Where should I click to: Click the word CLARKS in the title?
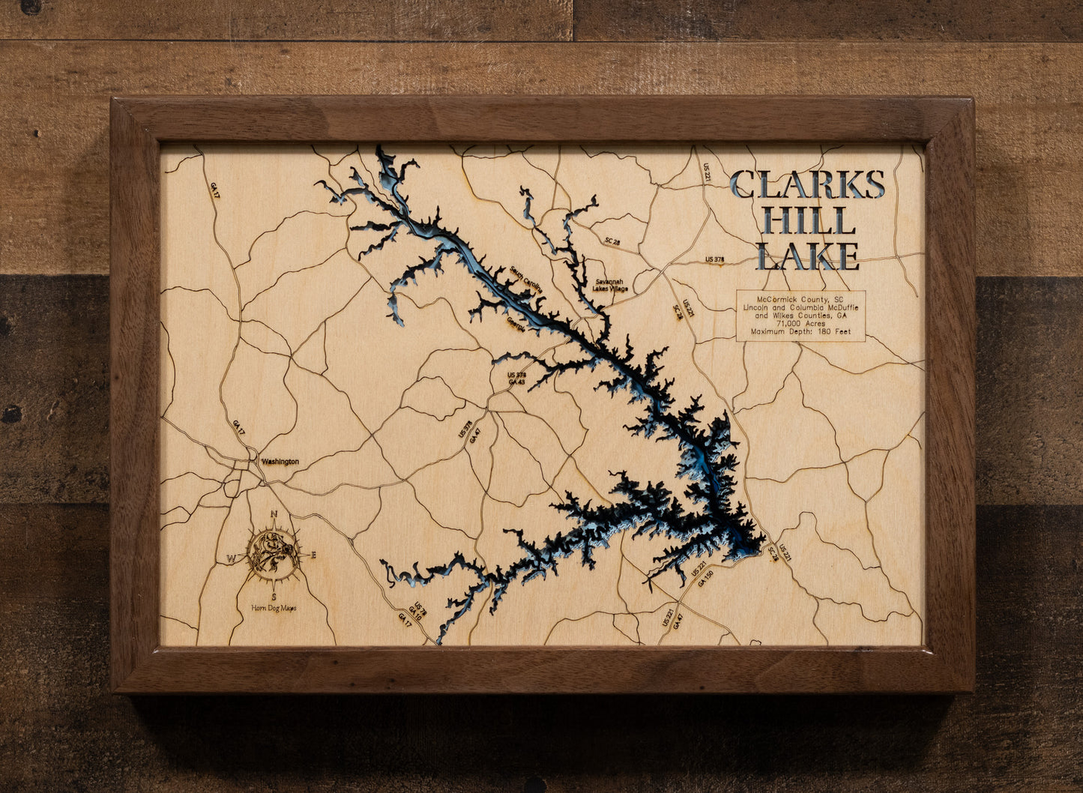pyautogui.click(x=807, y=184)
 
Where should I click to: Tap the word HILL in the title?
pyautogui.click(x=806, y=221)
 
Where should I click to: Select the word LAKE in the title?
pyautogui.click(x=807, y=256)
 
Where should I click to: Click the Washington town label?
pyautogui.click(x=280, y=462)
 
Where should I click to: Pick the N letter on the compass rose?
pyautogui.click(x=274, y=514)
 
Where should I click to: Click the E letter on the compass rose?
pyautogui.click(x=314, y=555)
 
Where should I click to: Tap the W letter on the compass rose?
pyautogui.click(x=231, y=558)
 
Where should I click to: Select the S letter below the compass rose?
pyautogui.click(x=274, y=597)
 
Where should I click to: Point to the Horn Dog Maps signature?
pyautogui.click(x=274, y=608)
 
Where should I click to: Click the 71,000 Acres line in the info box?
pyautogui.click(x=800, y=323)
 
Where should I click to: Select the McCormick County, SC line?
pyautogui.click(x=800, y=299)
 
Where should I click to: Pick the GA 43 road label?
pyautogui.click(x=516, y=382)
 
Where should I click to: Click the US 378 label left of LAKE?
pyautogui.click(x=715, y=259)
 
